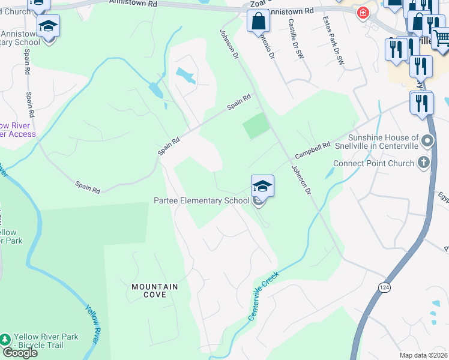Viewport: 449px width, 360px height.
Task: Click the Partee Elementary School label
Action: [201, 200]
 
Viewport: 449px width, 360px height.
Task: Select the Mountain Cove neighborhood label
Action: [155, 287]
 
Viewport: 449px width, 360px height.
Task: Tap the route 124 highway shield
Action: [382, 287]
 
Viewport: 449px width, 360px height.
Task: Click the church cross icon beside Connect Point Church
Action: [424, 163]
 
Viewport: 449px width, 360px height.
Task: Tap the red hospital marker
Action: [363, 13]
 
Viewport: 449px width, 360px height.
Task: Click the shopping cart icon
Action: [441, 39]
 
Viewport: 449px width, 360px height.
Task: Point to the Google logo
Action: [20, 353]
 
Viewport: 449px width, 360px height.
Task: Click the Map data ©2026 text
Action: [423, 355]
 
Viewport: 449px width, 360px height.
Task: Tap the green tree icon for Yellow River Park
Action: [6, 341]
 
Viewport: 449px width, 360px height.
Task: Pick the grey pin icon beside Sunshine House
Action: [427, 142]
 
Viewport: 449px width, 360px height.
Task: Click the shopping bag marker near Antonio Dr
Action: [258, 22]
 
